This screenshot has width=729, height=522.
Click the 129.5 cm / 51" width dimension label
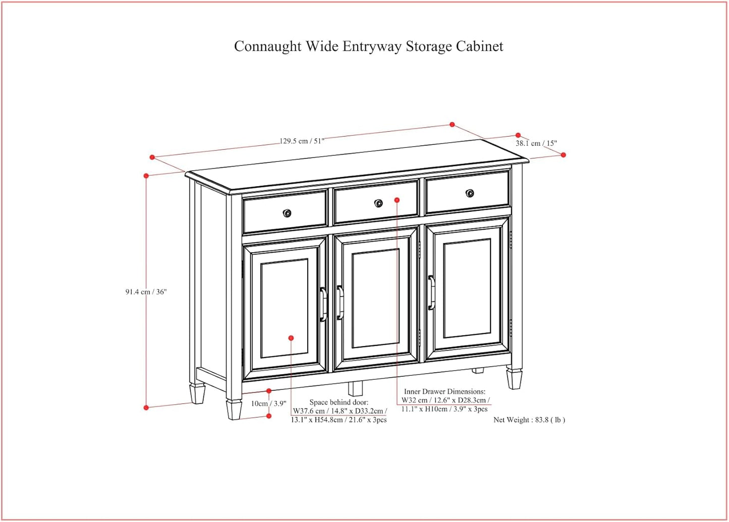(x=302, y=141)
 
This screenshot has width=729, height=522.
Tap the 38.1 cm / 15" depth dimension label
(x=536, y=143)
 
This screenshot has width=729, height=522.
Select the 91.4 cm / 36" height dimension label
(x=146, y=292)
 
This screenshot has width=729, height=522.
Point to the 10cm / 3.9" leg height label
(x=268, y=403)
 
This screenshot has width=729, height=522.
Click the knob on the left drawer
(x=287, y=213)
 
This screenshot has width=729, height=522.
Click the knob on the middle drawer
(x=378, y=203)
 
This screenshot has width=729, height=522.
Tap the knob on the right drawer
(x=470, y=193)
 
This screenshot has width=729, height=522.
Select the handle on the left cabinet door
(x=323, y=304)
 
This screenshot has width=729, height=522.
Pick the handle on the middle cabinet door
(x=341, y=303)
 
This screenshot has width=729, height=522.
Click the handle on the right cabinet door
(x=432, y=293)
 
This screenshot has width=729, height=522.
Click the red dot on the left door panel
(x=291, y=338)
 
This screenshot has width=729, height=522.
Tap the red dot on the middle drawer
(x=397, y=200)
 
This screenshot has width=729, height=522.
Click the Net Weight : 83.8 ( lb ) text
(x=529, y=420)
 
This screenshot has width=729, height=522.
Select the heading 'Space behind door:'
(x=339, y=402)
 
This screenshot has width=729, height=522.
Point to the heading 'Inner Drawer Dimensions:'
(x=444, y=391)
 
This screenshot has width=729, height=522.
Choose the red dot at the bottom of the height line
(x=146, y=408)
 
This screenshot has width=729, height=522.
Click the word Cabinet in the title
(x=479, y=46)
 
